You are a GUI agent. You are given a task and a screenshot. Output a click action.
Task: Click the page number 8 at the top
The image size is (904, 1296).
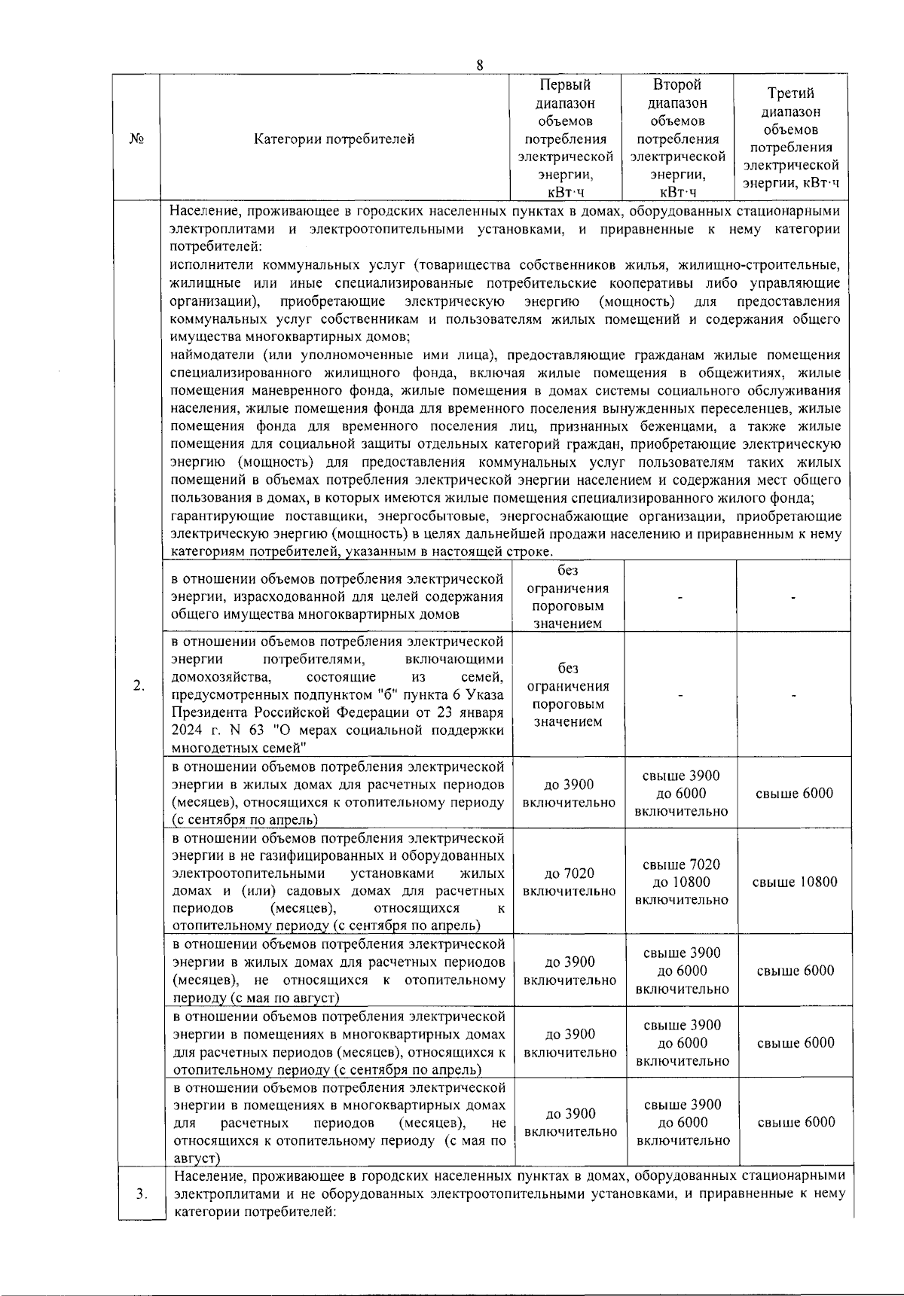[479, 65]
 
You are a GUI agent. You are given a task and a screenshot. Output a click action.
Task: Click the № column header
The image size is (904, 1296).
[136, 139]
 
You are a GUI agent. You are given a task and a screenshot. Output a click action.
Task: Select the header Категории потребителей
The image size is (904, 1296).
[334, 139]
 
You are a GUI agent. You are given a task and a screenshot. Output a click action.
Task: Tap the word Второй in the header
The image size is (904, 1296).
[676, 84]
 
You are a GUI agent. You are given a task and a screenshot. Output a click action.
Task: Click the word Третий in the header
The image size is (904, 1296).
[790, 93]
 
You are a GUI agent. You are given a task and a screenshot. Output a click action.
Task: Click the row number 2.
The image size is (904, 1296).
[139, 685]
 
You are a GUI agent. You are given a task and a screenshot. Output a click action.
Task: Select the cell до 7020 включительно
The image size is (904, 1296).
[570, 882]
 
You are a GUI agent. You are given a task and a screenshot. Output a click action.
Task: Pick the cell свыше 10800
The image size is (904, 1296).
[795, 882]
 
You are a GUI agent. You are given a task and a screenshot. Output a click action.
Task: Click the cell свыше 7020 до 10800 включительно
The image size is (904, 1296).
[681, 882]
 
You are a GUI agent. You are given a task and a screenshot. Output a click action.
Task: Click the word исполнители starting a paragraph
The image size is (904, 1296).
[212, 265]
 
